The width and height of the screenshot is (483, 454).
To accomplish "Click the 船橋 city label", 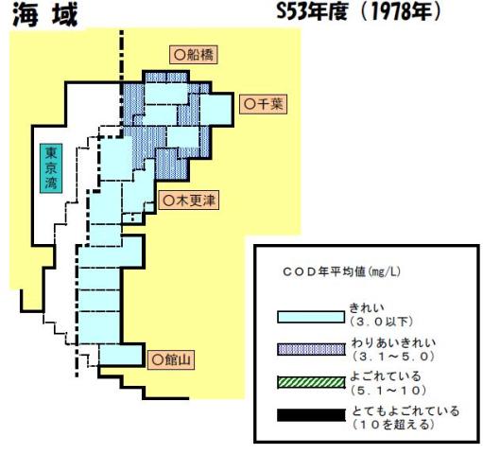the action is tap(194, 55).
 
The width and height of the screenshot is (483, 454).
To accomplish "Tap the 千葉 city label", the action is tap(263, 104).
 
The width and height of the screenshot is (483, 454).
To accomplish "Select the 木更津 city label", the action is tap(188, 201).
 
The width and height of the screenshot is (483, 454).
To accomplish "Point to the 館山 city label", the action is tap(171, 359).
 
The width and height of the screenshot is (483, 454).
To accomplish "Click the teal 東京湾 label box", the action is tap(51, 168).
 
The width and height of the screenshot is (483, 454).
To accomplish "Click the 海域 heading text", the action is tap(45, 16).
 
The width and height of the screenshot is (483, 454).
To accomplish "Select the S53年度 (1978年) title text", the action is tap(358, 12).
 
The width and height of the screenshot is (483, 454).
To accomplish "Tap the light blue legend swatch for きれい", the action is tap(311, 317).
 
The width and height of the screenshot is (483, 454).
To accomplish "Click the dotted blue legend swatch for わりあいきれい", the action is tap(311, 349).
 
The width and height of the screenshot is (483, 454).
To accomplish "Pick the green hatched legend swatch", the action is tap(311, 382).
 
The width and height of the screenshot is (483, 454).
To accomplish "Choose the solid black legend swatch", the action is tap(311, 415).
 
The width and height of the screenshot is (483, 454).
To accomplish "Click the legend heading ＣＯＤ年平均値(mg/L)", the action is tap(341, 271).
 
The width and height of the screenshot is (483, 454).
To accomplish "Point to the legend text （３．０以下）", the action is tap(382, 322).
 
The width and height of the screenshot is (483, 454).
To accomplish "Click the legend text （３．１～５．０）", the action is tap(393, 357).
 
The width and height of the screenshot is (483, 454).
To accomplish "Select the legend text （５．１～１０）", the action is tap(389, 391).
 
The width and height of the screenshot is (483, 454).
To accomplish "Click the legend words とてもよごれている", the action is tap(405, 411).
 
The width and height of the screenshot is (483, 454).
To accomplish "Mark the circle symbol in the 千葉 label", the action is tap(250, 104).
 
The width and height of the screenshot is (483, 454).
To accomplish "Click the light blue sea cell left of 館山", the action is tap(120, 355).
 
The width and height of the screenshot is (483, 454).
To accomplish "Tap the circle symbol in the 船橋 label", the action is tap(180, 55).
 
